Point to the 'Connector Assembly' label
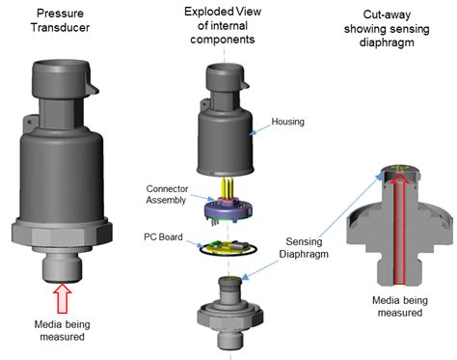pyautogui.click(x=167, y=195)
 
